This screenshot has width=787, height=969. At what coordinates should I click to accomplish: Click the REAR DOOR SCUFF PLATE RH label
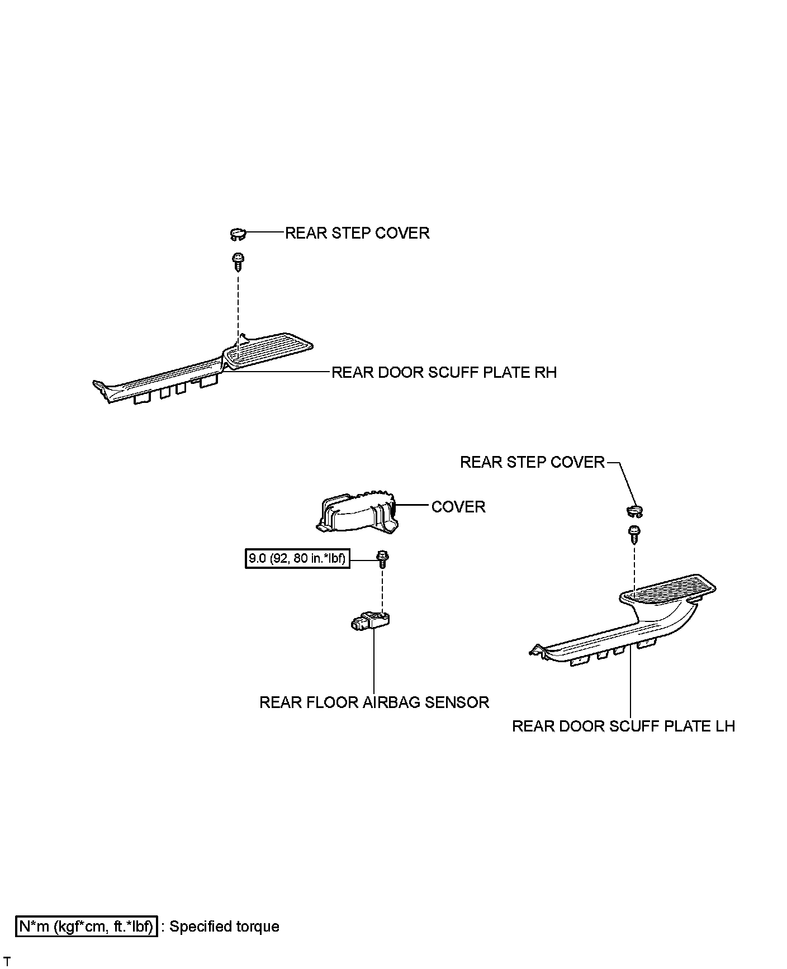444,373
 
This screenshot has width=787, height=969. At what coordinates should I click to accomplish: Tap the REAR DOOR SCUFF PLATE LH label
623,726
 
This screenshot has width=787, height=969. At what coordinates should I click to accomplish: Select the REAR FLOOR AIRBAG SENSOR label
374,702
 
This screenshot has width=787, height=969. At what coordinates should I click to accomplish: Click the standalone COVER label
458,507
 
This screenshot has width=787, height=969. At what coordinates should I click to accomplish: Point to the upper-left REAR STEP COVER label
357,233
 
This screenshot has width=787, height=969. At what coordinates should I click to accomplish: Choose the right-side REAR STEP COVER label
532,462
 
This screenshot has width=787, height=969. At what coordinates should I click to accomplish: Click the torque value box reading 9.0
297,558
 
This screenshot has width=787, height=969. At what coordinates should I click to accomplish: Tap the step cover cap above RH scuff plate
238,234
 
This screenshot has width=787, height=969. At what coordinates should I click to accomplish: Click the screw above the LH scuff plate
634,533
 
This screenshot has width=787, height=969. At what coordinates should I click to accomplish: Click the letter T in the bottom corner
7,961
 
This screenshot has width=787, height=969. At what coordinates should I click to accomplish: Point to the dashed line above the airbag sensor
382,590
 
